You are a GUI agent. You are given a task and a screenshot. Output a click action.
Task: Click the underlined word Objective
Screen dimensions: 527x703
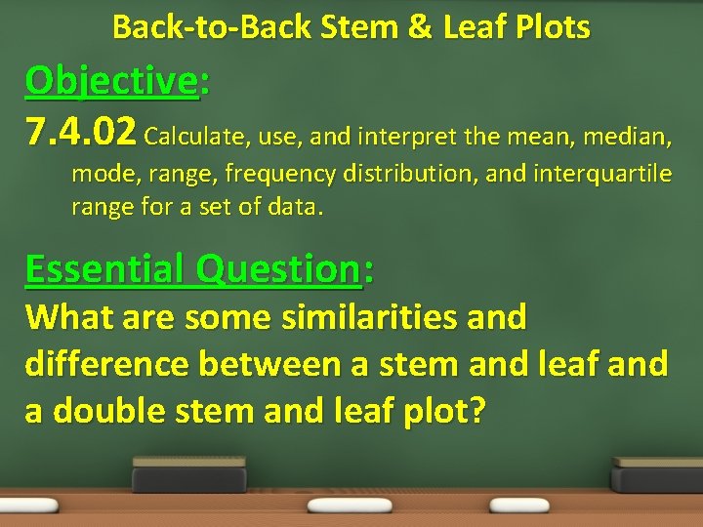[x=111, y=81]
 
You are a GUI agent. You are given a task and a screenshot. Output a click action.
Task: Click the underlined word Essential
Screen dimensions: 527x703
[x=105, y=268]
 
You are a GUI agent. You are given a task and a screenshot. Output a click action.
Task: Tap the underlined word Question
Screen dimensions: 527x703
[x=277, y=268]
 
